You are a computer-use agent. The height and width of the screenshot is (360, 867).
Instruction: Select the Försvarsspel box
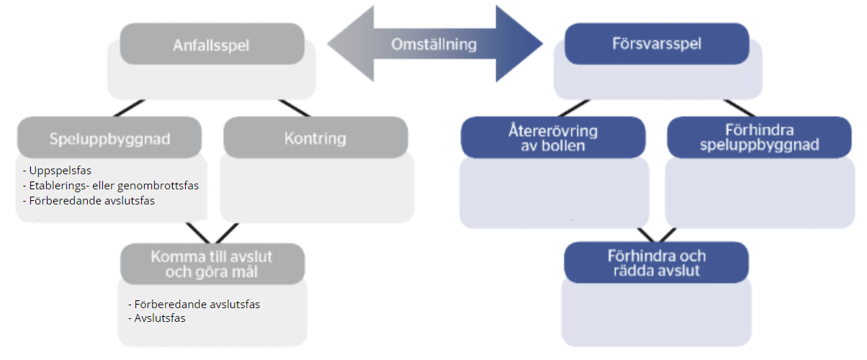[657, 45]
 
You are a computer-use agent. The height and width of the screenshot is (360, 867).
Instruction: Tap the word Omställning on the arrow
[434, 44]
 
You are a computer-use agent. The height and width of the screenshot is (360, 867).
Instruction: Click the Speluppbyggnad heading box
[109, 138]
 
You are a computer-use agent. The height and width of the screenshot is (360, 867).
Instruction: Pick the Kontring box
[315, 138]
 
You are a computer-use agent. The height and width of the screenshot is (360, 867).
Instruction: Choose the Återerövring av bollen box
[553, 138]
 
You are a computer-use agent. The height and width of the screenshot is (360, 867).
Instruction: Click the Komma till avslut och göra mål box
[212, 264]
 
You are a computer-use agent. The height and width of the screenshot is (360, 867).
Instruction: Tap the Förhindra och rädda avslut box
[656, 263]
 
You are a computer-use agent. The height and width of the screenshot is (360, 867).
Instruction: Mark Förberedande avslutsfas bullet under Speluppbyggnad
[91, 201]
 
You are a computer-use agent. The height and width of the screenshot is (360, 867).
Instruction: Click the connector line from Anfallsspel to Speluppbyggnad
[131, 108]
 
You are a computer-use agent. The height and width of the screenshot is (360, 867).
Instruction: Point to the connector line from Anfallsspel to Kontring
[294, 108]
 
